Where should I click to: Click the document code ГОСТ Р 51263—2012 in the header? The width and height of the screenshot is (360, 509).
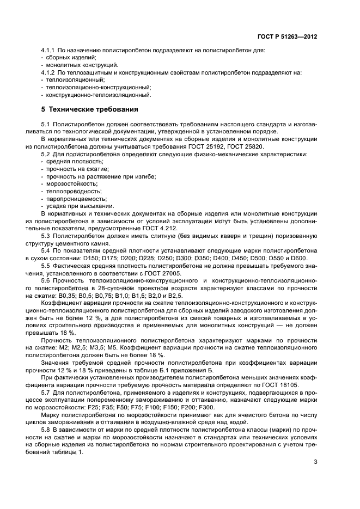(288, 37)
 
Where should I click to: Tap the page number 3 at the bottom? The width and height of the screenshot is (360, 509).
(316, 463)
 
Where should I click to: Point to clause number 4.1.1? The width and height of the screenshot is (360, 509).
(50, 50)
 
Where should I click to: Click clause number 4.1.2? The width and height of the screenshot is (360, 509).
(50, 72)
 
